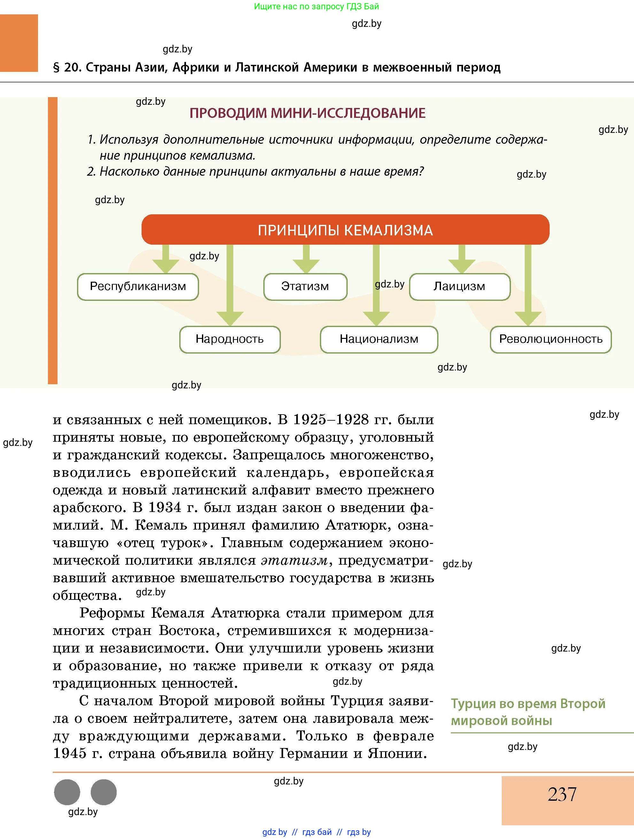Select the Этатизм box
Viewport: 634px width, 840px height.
tap(305, 287)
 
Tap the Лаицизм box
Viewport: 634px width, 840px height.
tap(459, 287)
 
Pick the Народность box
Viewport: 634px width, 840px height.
tap(229, 339)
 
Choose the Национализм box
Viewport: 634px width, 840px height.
tap(379, 339)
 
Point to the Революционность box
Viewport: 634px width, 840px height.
tap(550, 339)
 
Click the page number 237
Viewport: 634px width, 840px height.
tap(562, 794)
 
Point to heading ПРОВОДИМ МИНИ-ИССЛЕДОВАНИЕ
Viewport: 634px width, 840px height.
tap(307, 113)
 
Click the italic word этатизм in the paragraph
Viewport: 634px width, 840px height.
tap(294, 561)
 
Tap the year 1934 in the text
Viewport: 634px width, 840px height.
tap(165, 508)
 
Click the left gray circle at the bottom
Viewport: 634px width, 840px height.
tap(67, 792)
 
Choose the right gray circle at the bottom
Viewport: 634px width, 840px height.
tap(103, 792)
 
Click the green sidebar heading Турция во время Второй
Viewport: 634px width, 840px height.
tap(528, 704)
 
